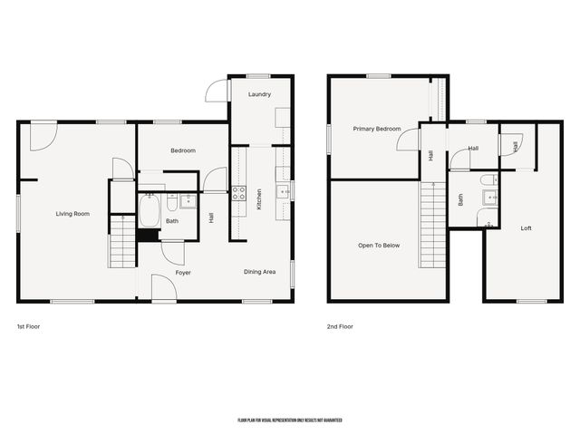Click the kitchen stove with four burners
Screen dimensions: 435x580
click(x=239, y=193)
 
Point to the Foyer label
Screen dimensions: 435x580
click(x=183, y=272)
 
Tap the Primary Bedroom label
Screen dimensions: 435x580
click(x=376, y=130)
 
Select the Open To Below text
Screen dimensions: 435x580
click(x=379, y=246)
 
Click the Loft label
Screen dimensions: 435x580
click(x=527, y=228)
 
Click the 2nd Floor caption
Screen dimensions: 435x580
click(x=341, y=326)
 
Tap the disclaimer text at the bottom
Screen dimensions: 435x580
click(x=290, y=420)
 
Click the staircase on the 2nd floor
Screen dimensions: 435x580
click(x=433, y=223)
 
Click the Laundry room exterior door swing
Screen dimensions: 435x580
click(x=217, y=91)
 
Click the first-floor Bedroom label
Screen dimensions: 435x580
click(x=183, y=150)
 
